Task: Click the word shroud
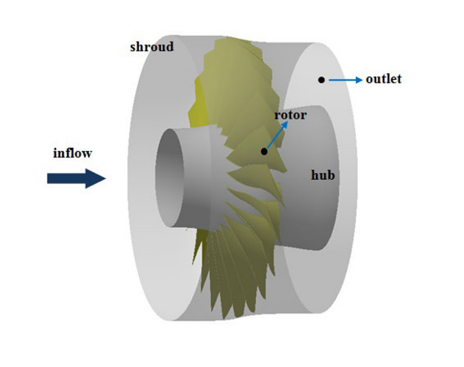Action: point(151,47)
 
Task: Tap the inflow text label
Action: point(72,153)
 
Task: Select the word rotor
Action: point(290,115)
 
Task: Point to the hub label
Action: point(322,175)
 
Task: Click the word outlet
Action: point(383,79)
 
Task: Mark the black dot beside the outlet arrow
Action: point(321,80)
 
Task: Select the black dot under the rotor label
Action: point(264,151)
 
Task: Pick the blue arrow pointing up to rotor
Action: point(277,136)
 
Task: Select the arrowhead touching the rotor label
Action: point(285,124)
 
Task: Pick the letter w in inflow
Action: point(87,153)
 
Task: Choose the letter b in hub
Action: point(331,174)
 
